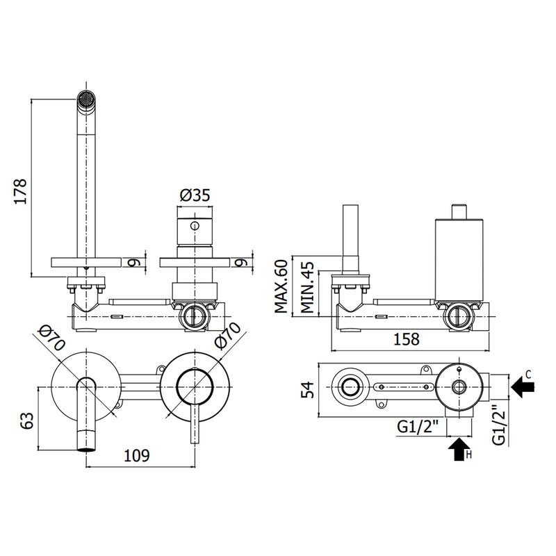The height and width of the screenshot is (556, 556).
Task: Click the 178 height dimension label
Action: tap(21, 192)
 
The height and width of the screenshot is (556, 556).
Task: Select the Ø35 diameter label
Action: tap(195, 195)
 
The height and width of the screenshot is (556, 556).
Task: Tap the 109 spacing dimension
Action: tap(137, 455)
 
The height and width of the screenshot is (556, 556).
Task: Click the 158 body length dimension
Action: tap(407, 339)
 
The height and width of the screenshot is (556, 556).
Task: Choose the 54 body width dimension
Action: tap(308, 389)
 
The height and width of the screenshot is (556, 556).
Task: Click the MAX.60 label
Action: tap(281, 286)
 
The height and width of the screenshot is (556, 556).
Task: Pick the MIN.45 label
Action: tap(307, 287)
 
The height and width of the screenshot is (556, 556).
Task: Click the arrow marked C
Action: tap(523, 387)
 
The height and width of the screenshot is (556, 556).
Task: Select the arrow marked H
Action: tap(459, 449)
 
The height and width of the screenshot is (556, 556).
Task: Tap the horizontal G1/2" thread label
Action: tap(418, 427)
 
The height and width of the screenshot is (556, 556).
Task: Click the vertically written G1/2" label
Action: tap(499, 425)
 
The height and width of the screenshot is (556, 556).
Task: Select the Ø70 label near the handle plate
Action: tap(227, 336)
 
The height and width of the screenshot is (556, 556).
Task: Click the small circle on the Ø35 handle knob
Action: tap(195, 225)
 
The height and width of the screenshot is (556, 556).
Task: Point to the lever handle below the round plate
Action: tap(195, 424)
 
